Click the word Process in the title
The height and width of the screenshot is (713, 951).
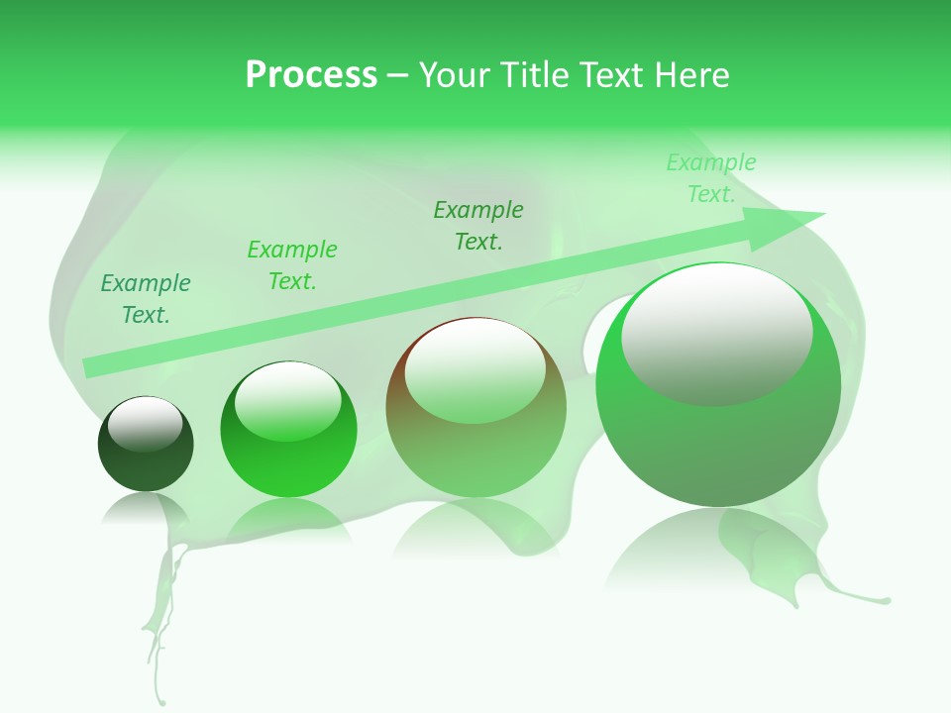click(311, 75)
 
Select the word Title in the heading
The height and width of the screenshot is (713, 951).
click(538, 75)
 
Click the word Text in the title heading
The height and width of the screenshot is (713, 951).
click(614, 75)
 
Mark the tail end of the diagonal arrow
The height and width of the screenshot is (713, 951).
click(91, 366)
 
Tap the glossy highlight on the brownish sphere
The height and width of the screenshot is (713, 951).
click(475, 371)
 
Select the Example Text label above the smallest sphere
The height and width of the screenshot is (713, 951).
click(146, 299)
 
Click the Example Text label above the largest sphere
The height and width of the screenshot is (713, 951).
click(711, 178)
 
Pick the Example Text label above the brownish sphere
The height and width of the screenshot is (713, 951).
click(478, 226)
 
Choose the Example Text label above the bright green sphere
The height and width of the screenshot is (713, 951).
click(292, 265)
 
